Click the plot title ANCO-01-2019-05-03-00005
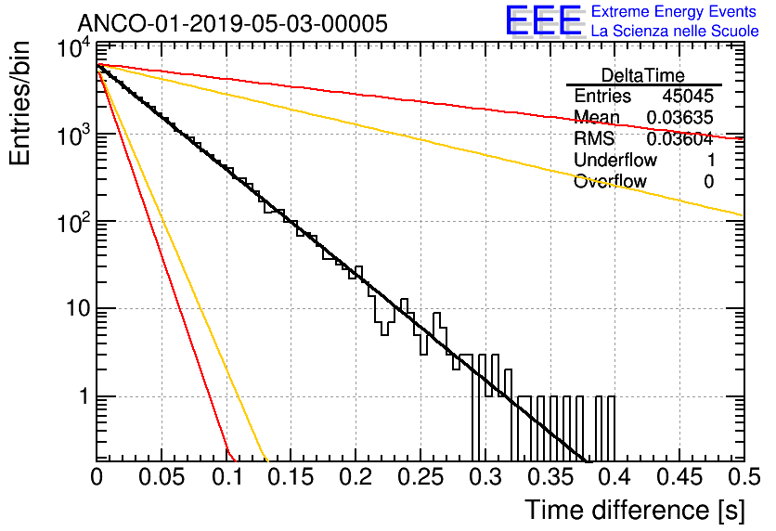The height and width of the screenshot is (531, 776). [233, 23]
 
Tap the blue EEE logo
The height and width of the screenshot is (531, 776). [543, 19]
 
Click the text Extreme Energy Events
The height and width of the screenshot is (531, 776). [674, 11]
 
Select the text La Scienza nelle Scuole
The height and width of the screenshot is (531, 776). [675, 31]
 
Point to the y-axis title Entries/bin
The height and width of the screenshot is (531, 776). [19, 103]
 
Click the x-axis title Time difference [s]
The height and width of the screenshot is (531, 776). [635, 510]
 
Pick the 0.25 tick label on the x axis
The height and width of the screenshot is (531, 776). [420, 477]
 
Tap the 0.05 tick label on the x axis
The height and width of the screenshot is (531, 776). [162, 477]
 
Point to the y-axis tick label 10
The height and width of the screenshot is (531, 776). [79, 309]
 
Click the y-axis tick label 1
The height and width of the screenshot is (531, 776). [85, 396]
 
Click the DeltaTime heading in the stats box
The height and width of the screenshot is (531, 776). [643, 75]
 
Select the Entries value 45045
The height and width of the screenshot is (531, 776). [688, 96]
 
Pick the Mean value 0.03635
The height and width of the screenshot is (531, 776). [680, 117]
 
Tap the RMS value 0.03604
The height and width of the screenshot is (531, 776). [680, 139]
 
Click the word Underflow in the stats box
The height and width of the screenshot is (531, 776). [615, 160]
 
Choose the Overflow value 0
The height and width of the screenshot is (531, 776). [708, 182]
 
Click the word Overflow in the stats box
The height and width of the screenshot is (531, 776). [610, 182]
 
